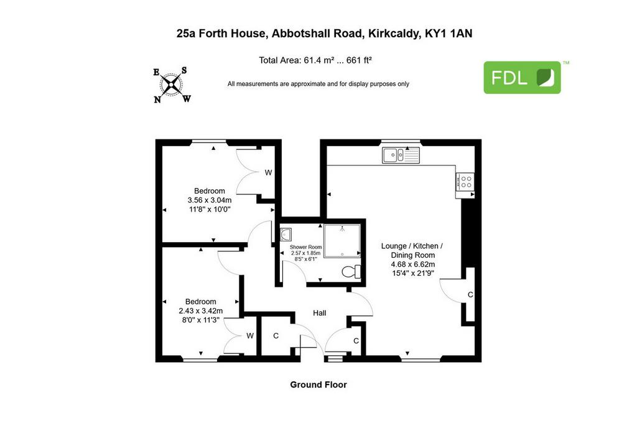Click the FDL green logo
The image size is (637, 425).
coord(522,77)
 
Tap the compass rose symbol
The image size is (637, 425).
coord(172,85)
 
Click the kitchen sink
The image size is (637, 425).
coord(401,155)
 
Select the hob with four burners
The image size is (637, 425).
coord(465,181)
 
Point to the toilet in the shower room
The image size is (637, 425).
coord(351,271)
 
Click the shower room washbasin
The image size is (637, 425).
coord(286,235)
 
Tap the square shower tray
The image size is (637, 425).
coord(342,241)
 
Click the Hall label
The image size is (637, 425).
coord(319,313)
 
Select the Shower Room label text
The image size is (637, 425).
coord(305,247)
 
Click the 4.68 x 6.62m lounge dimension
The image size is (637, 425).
coord(413,264)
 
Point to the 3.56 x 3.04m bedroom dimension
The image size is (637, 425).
coord(210,200)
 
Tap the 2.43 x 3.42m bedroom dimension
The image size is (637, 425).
coord(201,311)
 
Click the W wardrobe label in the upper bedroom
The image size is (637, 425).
coord(268,173)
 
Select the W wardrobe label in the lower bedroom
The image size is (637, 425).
coord(250,335)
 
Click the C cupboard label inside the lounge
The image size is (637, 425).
coord(470,294)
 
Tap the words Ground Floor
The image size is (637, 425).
coord(318,385)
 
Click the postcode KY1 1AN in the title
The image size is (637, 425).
coord(449,34)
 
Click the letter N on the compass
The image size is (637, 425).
coord(157,100)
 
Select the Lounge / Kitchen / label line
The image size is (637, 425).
coord(412,246)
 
